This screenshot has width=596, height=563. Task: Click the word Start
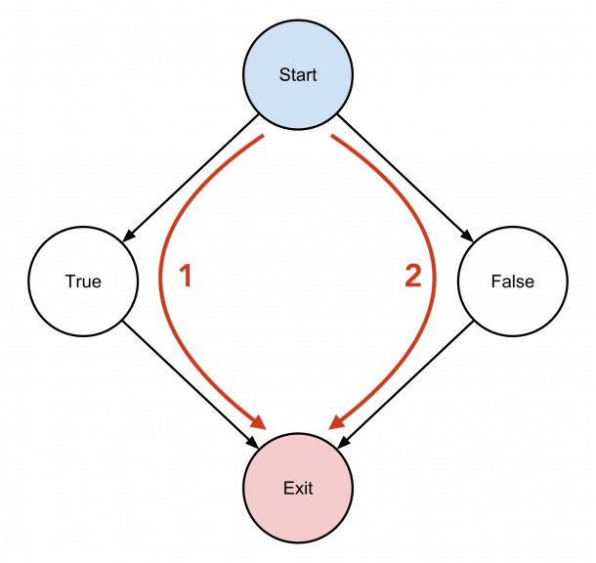298,74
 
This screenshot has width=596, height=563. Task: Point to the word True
83,281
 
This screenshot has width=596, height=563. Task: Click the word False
512,281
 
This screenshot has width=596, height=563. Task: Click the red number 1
186,277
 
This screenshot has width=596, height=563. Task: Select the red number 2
412,277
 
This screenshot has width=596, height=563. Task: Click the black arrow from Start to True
192,178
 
